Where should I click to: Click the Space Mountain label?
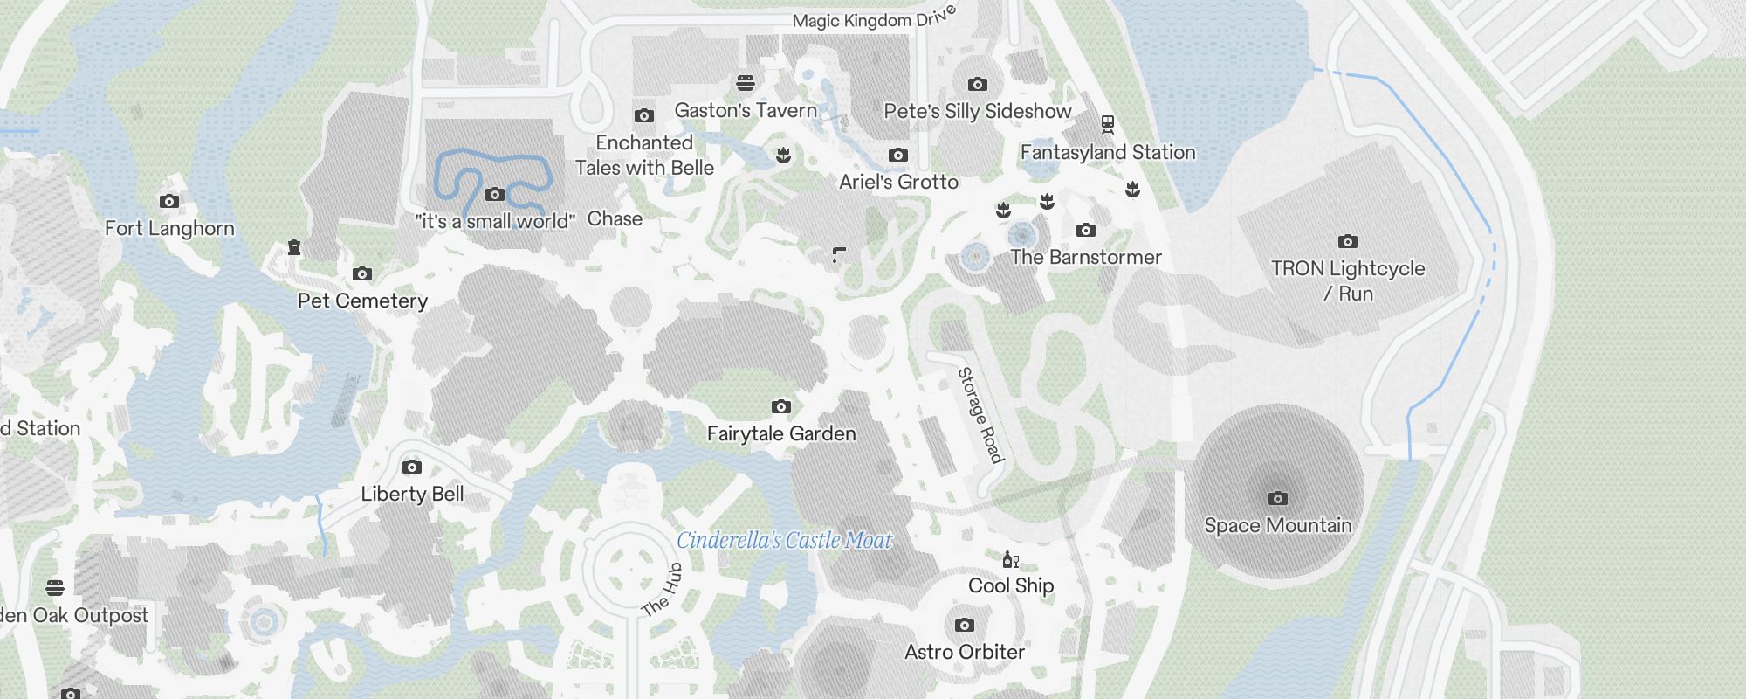(1278, 525)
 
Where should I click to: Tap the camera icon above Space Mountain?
(1278, 498)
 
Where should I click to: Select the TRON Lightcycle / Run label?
(1348, 280)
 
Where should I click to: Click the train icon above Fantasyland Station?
(1108, 124)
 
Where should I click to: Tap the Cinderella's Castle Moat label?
(784, 541)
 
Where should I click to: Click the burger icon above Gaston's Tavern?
(746, 83)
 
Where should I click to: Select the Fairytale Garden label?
(781, 433)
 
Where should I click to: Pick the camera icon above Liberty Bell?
(412, 467)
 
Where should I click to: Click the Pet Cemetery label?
(362, 301)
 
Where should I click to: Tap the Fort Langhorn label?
(169, 228)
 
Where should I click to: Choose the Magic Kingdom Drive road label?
(874, 18)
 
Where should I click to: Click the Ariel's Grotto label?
(898, 182)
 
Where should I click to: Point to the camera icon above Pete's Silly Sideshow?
(978, 84)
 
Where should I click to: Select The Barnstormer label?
(1086, 257)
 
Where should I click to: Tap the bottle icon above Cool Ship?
(1010, 559)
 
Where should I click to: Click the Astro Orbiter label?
(965, 652)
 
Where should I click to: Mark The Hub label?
(662, 591)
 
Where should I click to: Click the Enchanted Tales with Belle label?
(644, 155)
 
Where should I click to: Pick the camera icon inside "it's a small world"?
(495, 194)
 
